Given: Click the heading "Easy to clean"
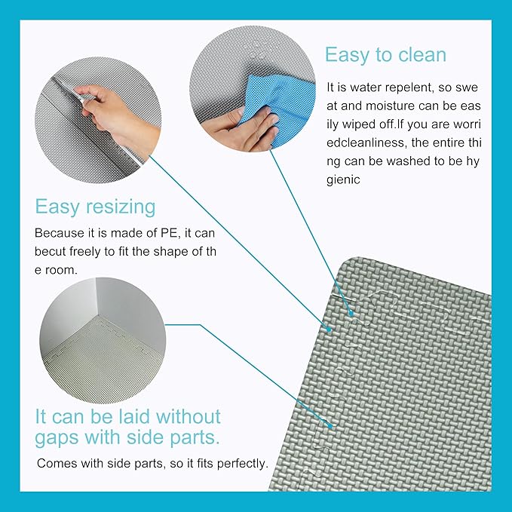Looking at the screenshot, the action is pyautogui.click(x=385, y=55).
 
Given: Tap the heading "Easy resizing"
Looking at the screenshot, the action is pyautogui.click(x=95, y=207).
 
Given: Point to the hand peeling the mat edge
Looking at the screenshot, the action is pyautogui.click(x=111, y=111).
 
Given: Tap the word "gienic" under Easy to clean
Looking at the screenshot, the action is pyautogui.click(x=343, y=180).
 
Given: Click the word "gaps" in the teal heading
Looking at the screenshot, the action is pyautogui.click(x=57, y=438).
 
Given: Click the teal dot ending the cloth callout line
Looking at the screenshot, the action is pyautogui.click(x=351, y=314).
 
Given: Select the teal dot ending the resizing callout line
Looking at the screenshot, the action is pyautogui.click(x=329, y=329).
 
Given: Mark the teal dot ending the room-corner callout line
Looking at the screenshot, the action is pyautogui.click(x=331, y=426).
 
